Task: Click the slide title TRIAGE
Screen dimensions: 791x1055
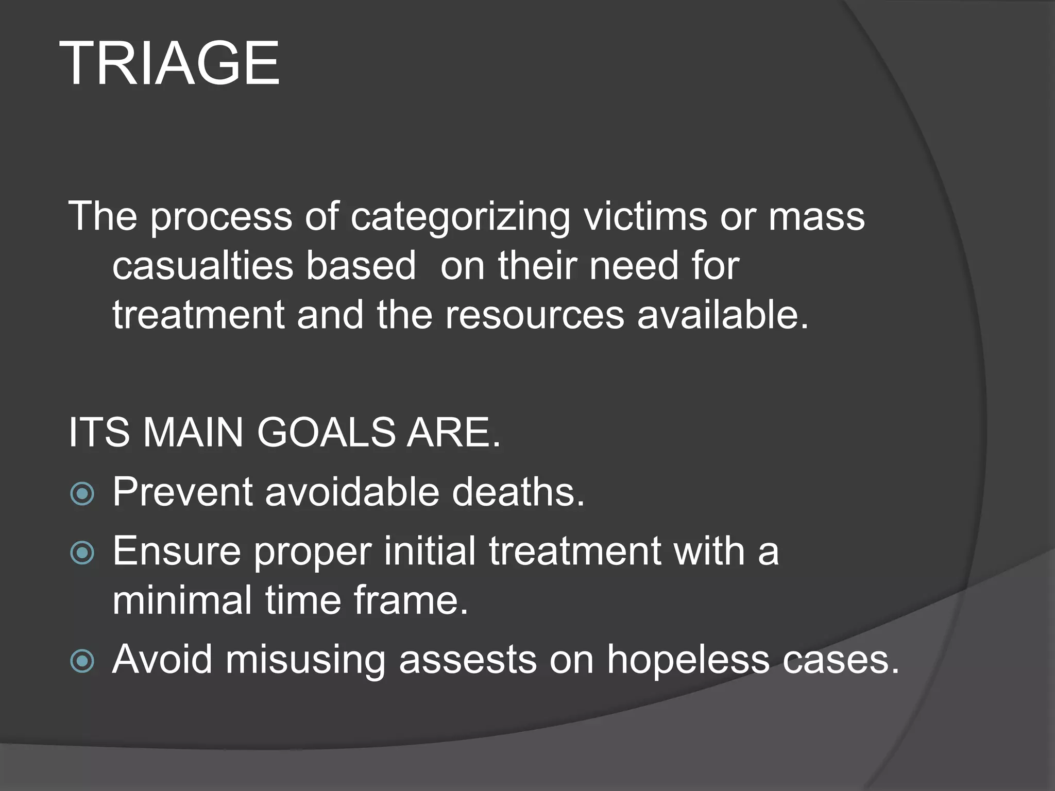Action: [169, 64]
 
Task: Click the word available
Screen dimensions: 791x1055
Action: [723, 315]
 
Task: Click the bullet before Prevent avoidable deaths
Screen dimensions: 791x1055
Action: [82, 494]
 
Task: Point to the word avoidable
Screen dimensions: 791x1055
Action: [352, 491]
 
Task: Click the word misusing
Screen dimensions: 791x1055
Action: [305, 659]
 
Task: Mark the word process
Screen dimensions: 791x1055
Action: [221, 217]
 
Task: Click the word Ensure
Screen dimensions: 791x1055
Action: [177, 551]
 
